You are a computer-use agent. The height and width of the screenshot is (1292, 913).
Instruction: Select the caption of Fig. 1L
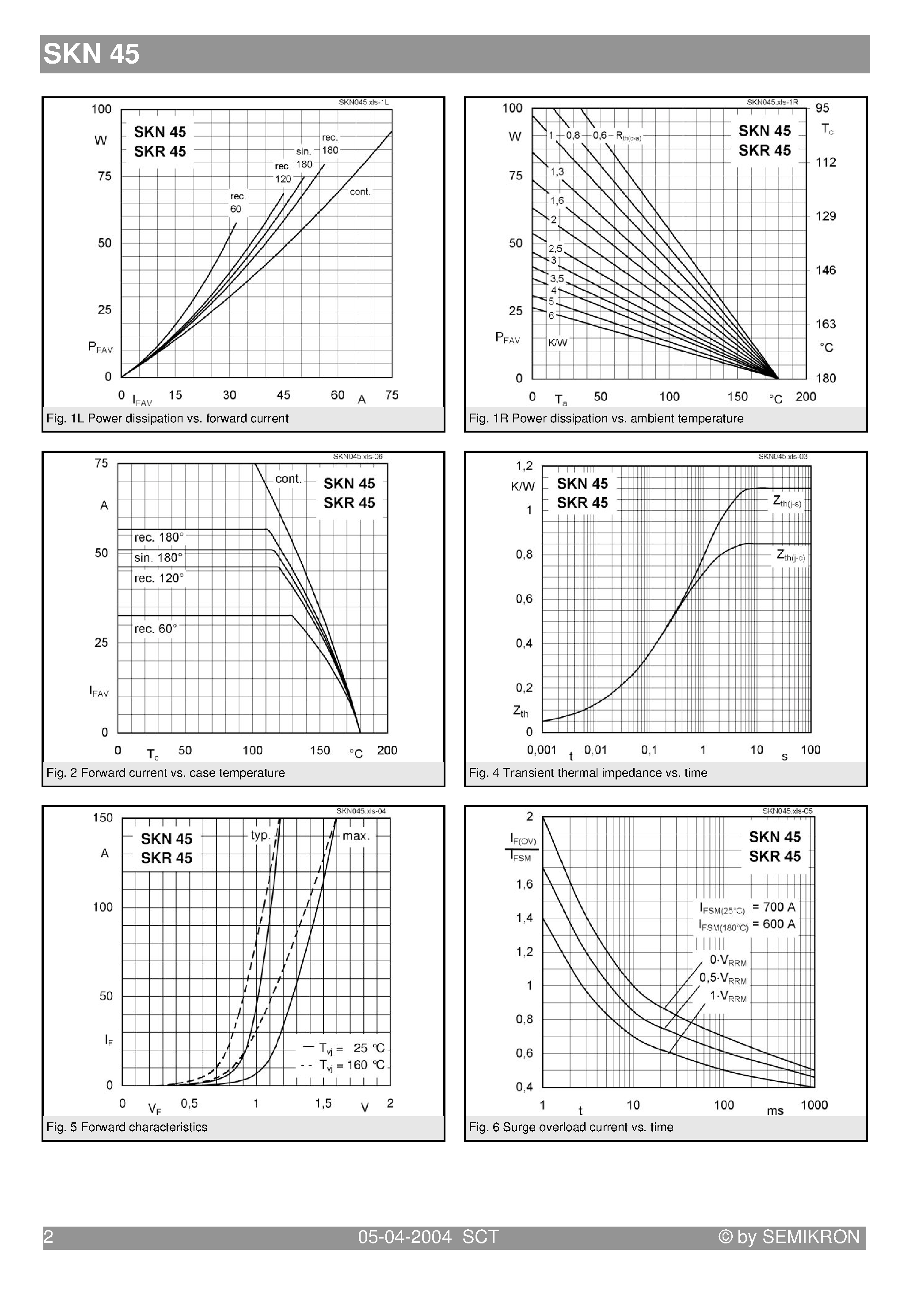point(167,418)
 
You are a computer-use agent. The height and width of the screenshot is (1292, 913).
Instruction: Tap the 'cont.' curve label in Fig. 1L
point(360,192)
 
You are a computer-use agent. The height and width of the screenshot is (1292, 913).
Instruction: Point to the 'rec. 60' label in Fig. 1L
point(237,202)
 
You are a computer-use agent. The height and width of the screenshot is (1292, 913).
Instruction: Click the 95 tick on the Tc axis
point(822,108)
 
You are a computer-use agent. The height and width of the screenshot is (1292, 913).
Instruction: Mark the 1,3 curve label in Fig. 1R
point(557,171)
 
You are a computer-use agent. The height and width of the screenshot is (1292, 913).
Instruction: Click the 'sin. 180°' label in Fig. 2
point(158,558)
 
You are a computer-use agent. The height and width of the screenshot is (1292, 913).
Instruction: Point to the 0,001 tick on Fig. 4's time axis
point(541,750)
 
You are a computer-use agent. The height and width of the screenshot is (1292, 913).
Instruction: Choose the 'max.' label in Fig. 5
point(356,836)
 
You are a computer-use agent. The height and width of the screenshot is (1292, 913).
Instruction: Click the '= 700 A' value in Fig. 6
point(773,907)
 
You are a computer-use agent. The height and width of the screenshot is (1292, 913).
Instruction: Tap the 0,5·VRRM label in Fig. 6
point(723,978)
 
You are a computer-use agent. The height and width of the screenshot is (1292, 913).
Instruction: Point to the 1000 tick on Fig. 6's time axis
point(814,1105)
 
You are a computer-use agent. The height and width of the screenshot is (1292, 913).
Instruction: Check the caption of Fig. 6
point(571,1127)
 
